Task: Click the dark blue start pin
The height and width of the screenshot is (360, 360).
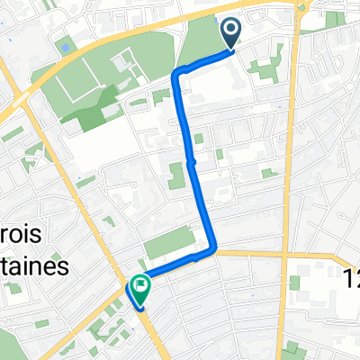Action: pos(231,34)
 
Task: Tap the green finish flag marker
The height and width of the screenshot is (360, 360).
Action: pos(140,287)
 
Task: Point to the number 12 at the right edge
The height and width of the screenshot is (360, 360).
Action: pos(351,281)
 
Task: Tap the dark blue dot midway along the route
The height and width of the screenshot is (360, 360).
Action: pos(193,163)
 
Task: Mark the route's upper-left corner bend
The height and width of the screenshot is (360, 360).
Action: pos(180,72)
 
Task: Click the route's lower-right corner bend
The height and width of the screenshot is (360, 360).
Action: pos(216,251)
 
